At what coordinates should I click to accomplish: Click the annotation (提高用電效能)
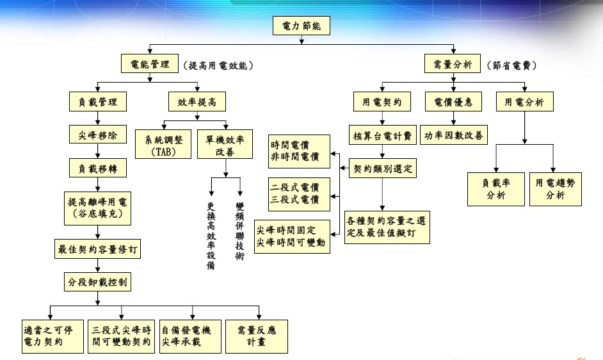pos(218,65)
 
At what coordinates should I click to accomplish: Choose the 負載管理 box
pos(98,101)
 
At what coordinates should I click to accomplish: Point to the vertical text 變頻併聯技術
pos(239,231)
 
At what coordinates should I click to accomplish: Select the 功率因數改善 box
pos(454,136)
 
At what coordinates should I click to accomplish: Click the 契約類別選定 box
pos(383,169)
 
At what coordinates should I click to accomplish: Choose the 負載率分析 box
pos(496,189)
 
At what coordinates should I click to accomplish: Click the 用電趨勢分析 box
pos(556,189)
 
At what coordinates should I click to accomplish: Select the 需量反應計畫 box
pos(256,336)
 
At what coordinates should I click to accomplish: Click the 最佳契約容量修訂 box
pos(99,248)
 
